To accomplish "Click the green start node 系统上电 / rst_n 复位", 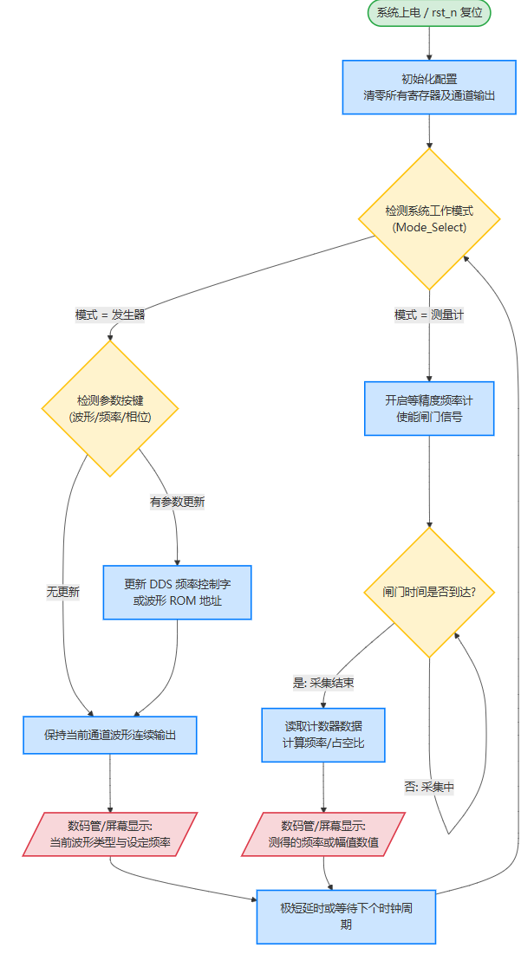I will [x=430, y=13].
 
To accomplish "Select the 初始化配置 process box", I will [x=430, y=87].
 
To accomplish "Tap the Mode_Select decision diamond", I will [x=430, y=218].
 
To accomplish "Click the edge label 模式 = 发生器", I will [x=110, y=315].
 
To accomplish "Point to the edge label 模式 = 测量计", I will [x=429, y=315].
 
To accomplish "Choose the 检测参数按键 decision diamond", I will [x=110, y=408].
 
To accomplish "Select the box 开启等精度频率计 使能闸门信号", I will [x=429, y=408].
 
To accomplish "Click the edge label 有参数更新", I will [x=177, y=502].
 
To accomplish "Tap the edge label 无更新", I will [x=63, y=593].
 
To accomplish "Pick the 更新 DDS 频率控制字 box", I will [x=177, y=593].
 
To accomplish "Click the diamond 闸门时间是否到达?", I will [x=429, y=593].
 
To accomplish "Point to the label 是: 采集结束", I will [x=322, y=683].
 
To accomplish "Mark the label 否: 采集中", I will [x=429, y=787].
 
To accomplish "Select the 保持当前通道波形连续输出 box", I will [x=110, y=735].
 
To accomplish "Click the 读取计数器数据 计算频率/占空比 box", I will [x=322, y=735].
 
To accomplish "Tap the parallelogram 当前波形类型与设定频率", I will [x=110, y=834].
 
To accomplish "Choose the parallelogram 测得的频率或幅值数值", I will [x=322, y=834].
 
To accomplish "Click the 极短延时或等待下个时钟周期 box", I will [x=346, y=916].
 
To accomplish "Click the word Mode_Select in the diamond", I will [x=430, y=227].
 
